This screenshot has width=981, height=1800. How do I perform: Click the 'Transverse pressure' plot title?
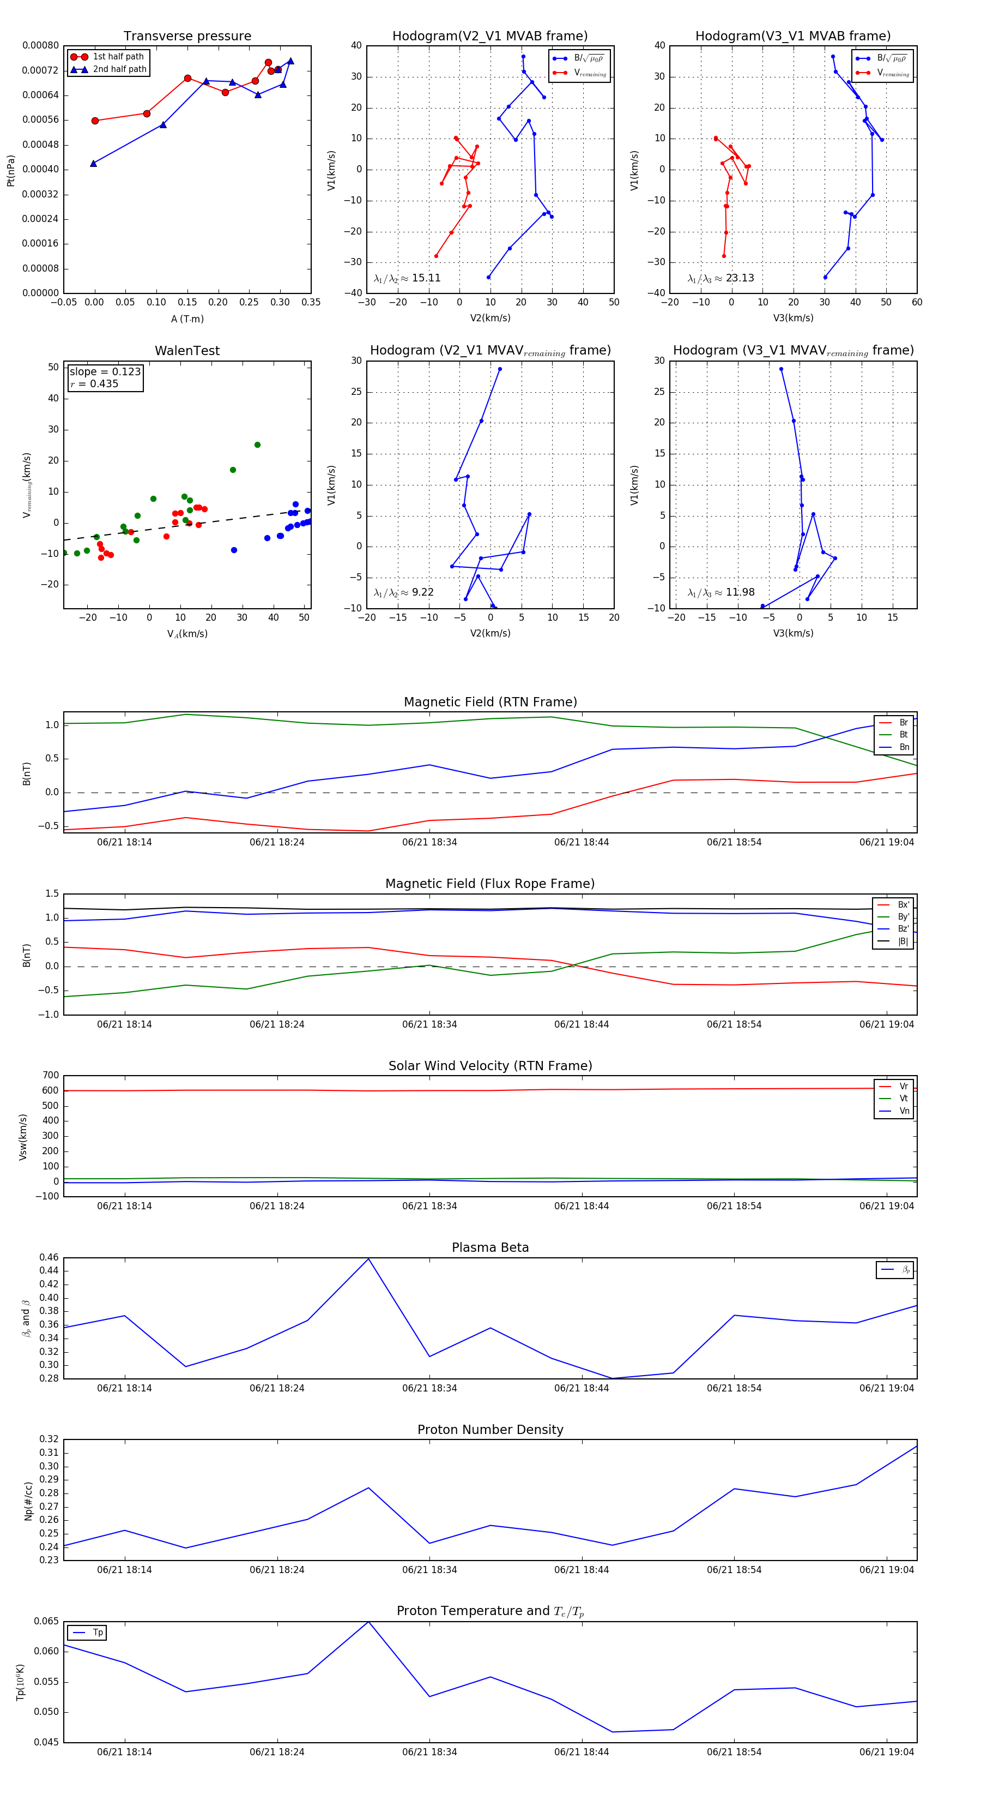tap(187, 37)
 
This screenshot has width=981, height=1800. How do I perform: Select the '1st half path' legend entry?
tap(117, 57)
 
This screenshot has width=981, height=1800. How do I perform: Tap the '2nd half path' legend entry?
tap(119, 69)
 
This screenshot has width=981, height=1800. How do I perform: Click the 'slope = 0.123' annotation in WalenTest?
tap(105, 372)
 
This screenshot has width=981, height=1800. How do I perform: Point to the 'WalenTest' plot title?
tap(187, 351)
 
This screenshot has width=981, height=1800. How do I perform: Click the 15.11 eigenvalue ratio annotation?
tap(407, 278)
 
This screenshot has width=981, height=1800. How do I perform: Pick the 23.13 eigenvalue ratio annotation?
tap(720, 278)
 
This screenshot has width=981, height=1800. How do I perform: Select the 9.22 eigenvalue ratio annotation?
tap(403, 592)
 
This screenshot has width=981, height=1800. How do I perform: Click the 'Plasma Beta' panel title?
tap(490, 1248)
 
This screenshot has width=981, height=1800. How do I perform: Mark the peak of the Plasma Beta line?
tap(368, 1258)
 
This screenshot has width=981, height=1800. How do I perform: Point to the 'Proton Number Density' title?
tap(490, 1430)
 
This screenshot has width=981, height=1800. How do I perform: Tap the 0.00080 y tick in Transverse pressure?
tap(40, 45)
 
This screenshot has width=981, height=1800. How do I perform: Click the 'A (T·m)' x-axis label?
tap(187, 319)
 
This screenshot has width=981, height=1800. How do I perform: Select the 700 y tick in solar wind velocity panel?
tap(50, 1076)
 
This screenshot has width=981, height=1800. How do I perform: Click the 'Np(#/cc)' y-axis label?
tap(28, 1500)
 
